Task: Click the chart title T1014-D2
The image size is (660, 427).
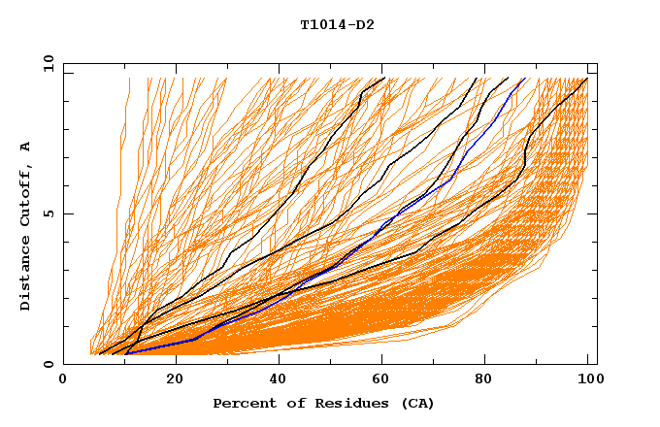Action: [337, 24]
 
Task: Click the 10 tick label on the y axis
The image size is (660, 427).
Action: [49, 63]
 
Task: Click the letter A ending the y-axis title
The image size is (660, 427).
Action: [26, 146]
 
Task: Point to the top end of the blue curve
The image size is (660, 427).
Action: [525, 79]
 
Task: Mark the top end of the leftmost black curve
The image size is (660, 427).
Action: [384, 78]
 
